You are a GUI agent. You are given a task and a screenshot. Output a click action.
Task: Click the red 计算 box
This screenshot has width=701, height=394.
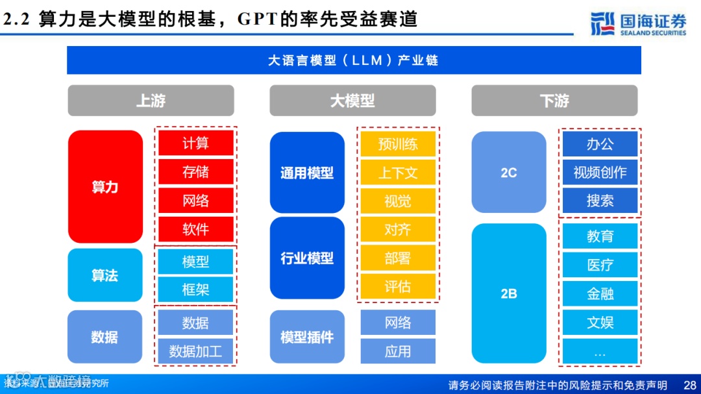tap(195, 143)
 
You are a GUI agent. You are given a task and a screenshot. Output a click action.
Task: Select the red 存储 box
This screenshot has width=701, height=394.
tap(195, 172)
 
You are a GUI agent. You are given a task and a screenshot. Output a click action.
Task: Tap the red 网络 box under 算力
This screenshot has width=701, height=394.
tap(195, 201)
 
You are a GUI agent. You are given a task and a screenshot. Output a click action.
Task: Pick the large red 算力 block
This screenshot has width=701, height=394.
tap(105, 187)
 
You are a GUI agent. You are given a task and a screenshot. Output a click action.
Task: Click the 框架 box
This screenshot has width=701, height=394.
tap(195, 289)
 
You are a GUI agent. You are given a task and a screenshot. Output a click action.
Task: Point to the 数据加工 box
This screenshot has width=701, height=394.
tap(195, 351)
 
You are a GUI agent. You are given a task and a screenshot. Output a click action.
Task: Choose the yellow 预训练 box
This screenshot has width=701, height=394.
tap(398, 144)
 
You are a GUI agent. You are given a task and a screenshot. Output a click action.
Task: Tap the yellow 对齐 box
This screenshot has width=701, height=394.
tap(398, 230)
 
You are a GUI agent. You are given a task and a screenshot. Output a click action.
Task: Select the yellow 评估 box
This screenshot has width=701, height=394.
tap(398, 286)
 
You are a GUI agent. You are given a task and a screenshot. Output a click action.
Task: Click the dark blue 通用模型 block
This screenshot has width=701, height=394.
tap(307, 173)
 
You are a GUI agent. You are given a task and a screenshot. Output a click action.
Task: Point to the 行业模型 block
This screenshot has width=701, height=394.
tap(307, 258)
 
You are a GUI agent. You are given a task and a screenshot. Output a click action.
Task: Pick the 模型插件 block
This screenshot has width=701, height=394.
tap(307, 338)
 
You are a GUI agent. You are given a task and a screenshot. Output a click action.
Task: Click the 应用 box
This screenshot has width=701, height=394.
tap(398, 351)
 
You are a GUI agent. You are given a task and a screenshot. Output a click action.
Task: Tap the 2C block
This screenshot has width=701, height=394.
tap(509, 173)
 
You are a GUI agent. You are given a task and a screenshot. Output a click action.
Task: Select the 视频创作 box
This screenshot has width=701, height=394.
tap(600, 173)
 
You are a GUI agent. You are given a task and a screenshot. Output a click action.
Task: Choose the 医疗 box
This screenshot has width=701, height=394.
tap(600, 265)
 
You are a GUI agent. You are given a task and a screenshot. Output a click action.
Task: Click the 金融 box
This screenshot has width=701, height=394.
tap(600, 293)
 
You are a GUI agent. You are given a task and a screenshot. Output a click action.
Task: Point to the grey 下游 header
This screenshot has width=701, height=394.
tap(554, 101)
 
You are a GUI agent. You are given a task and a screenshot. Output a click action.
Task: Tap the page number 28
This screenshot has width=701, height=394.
tap(690, 385)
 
